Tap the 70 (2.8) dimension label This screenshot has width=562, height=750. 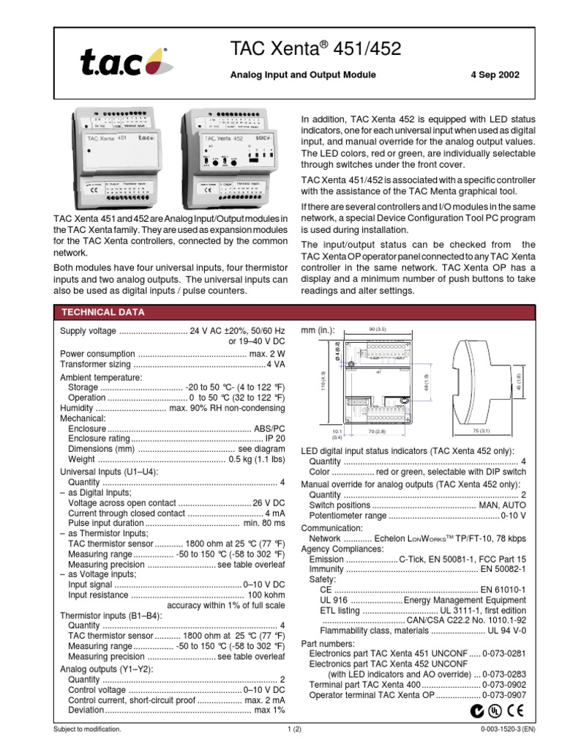(x=378, y=432)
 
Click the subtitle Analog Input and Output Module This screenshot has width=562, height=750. (x=304, y=75)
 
